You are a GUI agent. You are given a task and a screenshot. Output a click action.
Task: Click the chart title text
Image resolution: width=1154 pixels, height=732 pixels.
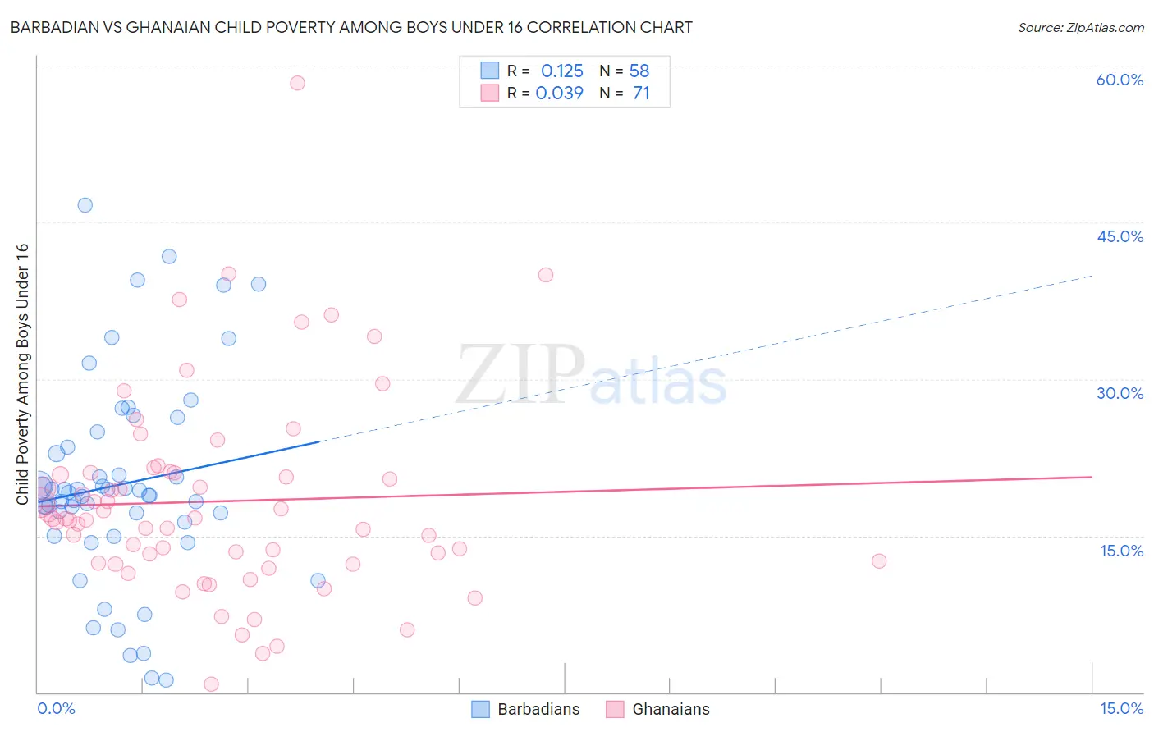click(351, 27)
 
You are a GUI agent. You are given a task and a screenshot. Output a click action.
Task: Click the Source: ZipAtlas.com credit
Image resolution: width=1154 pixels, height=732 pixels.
click(1080, 28)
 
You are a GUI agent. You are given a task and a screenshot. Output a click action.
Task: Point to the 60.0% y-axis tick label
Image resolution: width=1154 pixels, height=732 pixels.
click(1120, 80)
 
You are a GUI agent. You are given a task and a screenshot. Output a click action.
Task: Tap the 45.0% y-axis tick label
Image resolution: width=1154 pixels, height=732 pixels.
click(1120, 236)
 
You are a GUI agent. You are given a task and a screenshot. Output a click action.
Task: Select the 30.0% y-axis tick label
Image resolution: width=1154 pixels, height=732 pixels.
click(1120, 393)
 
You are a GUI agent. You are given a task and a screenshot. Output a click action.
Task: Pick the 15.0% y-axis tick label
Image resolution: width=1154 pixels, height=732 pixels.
click(1121, 551)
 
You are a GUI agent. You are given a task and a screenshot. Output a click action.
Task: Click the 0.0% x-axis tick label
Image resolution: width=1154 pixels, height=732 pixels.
click(56, 708)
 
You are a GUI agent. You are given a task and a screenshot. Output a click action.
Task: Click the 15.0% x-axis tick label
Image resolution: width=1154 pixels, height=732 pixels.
click(1121, 708)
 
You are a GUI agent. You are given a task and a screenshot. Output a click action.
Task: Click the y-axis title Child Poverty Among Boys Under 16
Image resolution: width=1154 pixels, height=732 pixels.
click(22, 374)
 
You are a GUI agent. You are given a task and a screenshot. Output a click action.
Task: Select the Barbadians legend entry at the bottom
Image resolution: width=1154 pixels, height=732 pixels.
click(526, 709)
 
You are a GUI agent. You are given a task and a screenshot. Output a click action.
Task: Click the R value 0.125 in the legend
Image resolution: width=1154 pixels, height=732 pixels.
click(561, 71)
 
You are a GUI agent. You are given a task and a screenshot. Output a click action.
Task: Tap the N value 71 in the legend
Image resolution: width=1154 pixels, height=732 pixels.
click(641, 94)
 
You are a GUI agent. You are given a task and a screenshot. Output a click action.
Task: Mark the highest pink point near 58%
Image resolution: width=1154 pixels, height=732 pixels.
click(297, 83)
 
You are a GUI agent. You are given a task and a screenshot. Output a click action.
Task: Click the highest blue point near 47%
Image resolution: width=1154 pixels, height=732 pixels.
click(85, 205)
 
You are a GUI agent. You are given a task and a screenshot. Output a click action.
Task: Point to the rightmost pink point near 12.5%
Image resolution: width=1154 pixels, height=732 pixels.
click(879, 561)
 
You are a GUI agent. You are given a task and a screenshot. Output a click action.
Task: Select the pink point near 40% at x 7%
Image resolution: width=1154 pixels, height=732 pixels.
click(546, 275)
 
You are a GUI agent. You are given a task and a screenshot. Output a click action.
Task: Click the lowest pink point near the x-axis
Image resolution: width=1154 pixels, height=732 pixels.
click(211, 684)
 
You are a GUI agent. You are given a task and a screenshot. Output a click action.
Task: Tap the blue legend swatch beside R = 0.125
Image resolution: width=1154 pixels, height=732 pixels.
click(490, 71)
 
